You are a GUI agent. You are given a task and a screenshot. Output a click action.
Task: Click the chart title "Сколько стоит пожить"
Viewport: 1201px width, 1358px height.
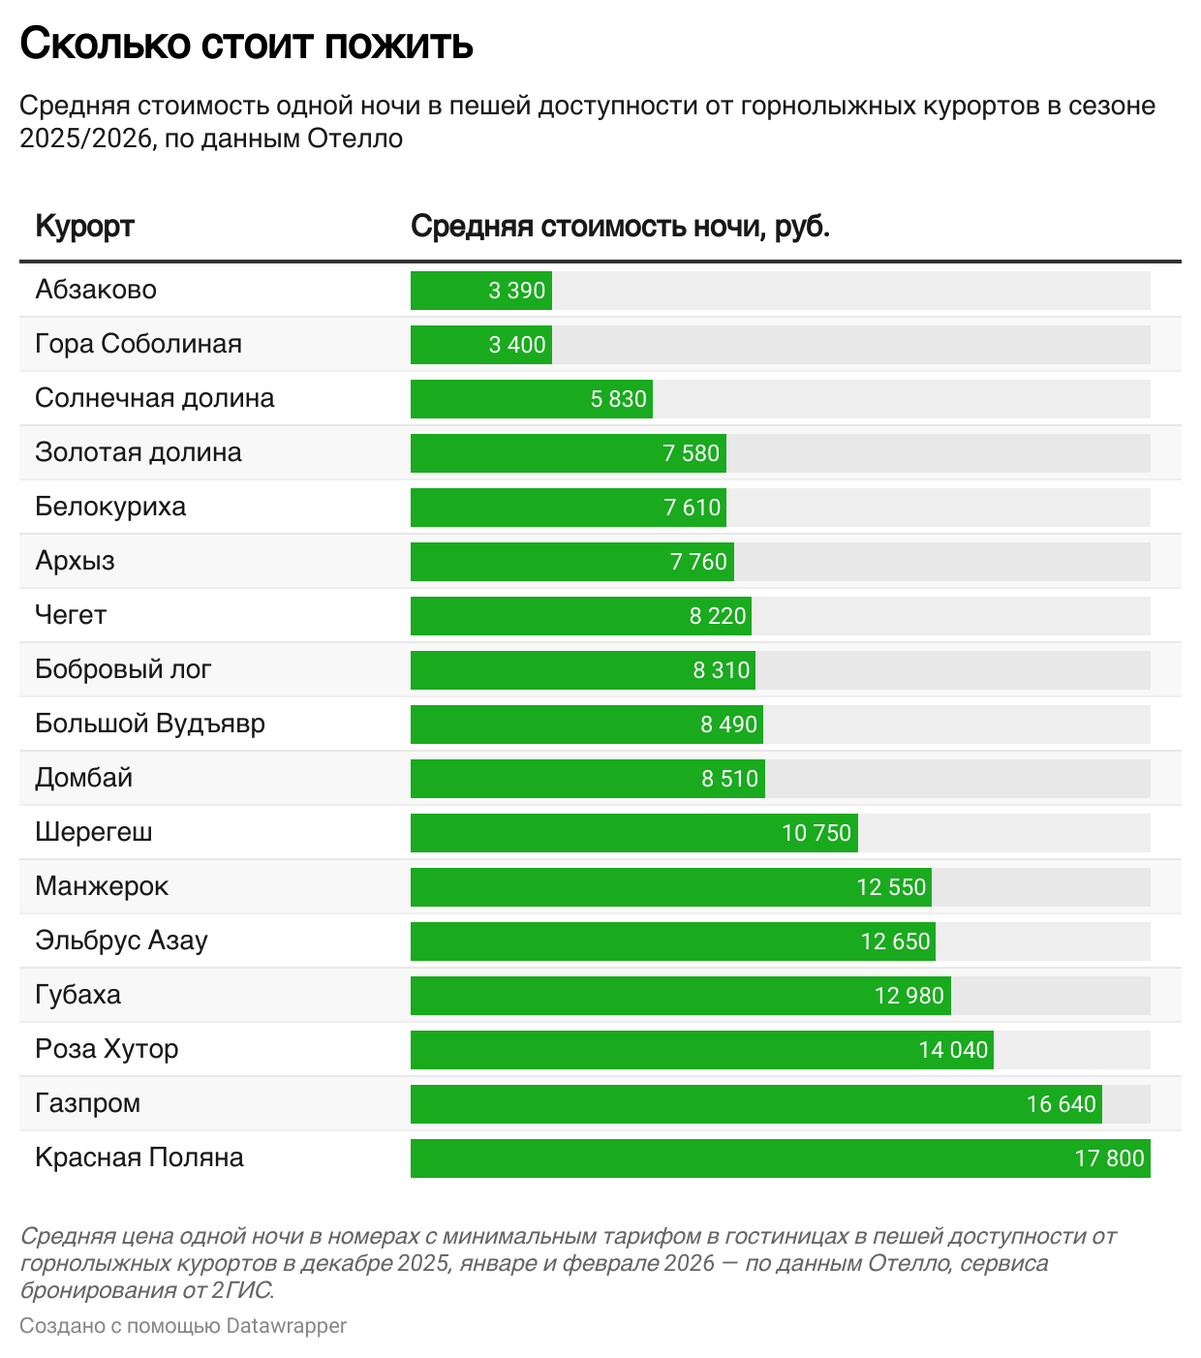pyautogui.click(x=246, y=44)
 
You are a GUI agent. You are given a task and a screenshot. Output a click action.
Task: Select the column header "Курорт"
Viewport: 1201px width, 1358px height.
pyautogui.click(x=84, y=226)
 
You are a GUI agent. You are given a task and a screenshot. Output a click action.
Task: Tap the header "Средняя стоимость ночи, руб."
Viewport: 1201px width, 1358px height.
pyautogui.click(x=620, y=226)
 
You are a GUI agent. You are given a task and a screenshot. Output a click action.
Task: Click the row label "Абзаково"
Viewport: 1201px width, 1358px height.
pyautogui.click(x=96, y=290)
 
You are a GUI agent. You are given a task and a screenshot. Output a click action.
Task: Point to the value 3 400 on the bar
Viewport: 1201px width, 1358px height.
pyautogui.click(x=517, y=345)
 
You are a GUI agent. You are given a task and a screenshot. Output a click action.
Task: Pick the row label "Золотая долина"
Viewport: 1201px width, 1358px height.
pyautogui.click(x=139, y=452)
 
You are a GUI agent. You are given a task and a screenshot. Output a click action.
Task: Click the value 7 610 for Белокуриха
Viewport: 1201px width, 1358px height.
pyautogui.click(x=693, y=508)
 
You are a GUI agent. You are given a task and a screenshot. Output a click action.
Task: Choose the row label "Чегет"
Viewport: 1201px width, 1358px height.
pyautogui.click(x=71, y=615)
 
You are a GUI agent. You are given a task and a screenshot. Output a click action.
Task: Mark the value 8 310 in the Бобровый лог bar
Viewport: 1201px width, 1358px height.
pyautogui.click(x=722, y=670)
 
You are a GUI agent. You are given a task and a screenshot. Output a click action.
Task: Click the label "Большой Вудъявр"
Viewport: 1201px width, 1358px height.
pyautogui.click(x=150, y=724)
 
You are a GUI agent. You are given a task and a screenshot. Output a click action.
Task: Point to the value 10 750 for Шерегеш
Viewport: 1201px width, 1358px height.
pyautogui.click(x=816, y=833)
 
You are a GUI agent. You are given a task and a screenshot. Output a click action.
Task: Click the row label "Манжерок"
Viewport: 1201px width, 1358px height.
pyautogui.click(x=102, y=886)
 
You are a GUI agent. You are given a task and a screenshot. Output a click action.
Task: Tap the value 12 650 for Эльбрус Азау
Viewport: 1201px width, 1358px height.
pyautogui.click(x=895, y=941)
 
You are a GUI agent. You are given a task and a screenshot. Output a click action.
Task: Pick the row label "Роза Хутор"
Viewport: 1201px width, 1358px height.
pyautogui.click(x=107, y=1049)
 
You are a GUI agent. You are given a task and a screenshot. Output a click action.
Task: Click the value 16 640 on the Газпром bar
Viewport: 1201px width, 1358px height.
pyautogui.click(x=1062, y=1104)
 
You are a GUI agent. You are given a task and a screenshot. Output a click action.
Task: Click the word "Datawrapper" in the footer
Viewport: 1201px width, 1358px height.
pyautogui.click(x=286, y=1326)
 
